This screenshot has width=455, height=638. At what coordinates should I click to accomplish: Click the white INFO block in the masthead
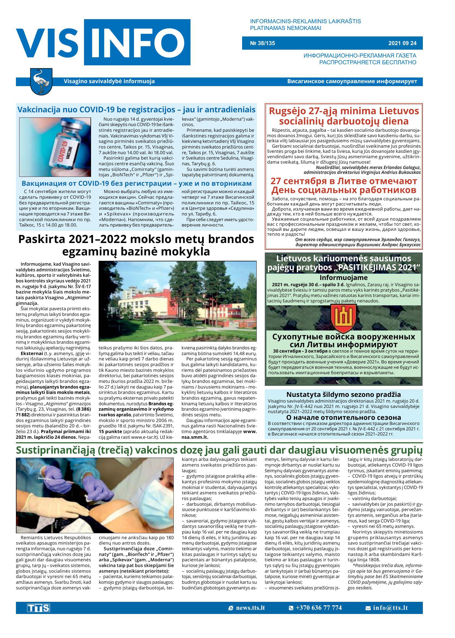(137, 42)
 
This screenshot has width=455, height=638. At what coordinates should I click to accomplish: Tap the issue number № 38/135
(263, 43)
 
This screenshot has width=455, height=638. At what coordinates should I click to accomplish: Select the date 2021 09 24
(402, 43)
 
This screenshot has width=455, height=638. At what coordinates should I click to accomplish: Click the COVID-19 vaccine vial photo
(55, 147)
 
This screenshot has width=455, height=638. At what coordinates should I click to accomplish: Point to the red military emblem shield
(343, 318)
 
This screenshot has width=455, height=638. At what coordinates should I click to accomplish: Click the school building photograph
(177, 301)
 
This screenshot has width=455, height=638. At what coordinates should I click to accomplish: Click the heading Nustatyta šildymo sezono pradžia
(343, 395)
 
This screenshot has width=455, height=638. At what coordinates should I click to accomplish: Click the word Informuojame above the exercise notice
(343, 278)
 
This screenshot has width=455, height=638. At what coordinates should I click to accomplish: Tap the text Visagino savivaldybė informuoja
(109, 82)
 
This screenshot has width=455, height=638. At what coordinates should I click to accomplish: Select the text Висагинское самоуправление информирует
(352, 82)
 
